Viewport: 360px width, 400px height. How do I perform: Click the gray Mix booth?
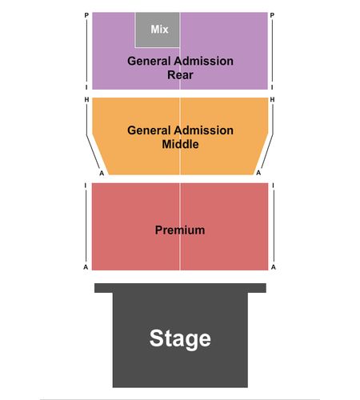(158, 30)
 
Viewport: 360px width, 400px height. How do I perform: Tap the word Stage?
(180, 338)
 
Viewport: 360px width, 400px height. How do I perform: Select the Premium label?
(180, 230)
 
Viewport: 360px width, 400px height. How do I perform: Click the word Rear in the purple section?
(180, 74)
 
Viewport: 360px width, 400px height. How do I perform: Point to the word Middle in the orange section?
(180, 144)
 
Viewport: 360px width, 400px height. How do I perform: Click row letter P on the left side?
(86, 15)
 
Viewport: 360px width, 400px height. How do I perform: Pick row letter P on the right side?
(272, 15)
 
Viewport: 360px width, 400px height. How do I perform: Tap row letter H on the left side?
(86, 99)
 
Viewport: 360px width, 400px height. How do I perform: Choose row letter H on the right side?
(272, 99)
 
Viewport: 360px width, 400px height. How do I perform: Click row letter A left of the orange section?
(102, 174)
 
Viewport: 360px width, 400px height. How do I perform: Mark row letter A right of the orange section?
(258, 173)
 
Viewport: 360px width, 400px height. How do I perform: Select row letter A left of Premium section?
(86, 267)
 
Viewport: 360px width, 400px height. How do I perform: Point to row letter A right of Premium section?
(274, 267)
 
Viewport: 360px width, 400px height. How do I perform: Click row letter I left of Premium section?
(86, 186)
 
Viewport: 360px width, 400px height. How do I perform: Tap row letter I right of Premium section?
(273, 186)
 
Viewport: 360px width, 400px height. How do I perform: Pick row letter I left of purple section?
(86, 87)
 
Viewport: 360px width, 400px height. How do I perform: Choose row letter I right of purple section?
(272, 87)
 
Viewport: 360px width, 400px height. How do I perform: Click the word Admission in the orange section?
(203, 130)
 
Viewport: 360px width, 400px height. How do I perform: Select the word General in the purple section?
(149, 61)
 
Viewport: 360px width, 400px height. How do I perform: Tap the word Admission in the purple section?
(203, 61)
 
